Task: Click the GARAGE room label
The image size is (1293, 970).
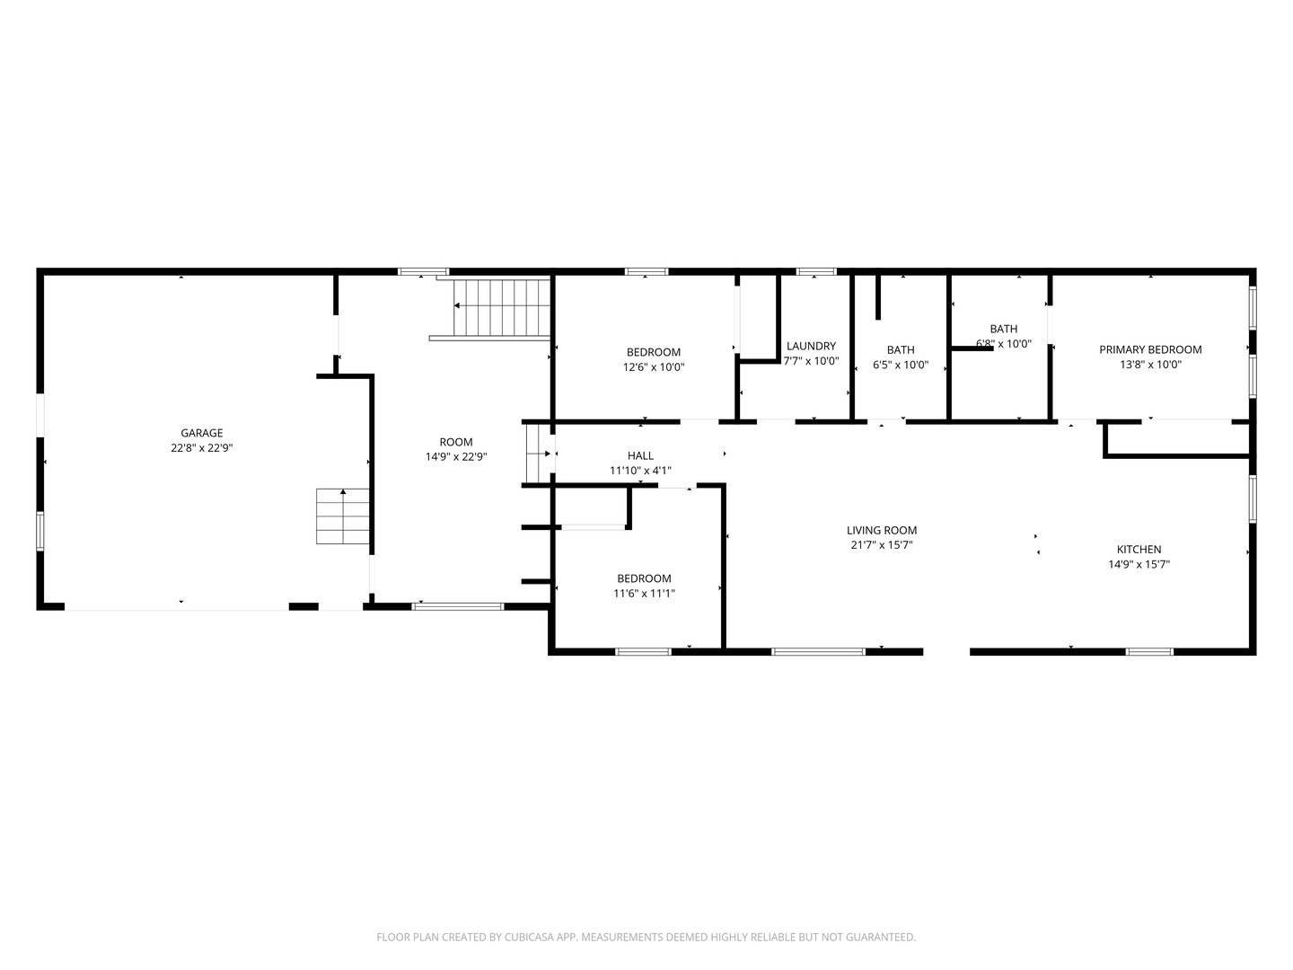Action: pyautogui.click(x=201, y=433)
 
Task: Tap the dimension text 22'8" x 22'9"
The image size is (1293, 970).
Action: pyautogui.click(x=201, y=448)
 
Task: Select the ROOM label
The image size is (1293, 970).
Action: pyautogui.click(x=456, y=442)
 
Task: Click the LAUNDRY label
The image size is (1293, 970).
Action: pyautogui.click(x=811, y=347)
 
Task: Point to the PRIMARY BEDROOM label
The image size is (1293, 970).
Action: pyautogui.click(x=1150, y=349)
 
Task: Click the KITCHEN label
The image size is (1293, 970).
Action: pyautogui.click(x=1139, y=550)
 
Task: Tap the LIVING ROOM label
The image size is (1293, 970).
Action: pyautogui.click(x=882, y=530)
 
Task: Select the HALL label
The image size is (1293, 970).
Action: pyautogui.click(x=640, y=455)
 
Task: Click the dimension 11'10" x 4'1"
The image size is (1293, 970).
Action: pyautogui.click(x=640, y=471)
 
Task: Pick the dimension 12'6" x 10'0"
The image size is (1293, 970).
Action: pyautogui.click(x=654, y=367)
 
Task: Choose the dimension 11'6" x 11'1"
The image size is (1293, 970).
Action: pyautogui.click(x=644, y=593)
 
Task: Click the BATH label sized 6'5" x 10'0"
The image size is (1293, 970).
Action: pyautogui.click(x=901, y=350)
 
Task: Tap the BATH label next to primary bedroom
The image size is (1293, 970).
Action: pyautogui.click(x=1004, y=329)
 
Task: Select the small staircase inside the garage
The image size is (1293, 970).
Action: pyautogui.click(x=343, y=516)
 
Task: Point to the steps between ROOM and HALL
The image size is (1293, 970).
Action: pyautogui.click(x=538, y=453)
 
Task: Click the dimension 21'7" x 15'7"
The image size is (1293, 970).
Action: pyautogui.click(x=882, y=545)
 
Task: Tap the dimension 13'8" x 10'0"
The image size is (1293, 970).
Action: pyautogui.click(x=1150, y=365)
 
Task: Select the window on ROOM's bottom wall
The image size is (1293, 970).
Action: pyautogui.click(x=458, y=606)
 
